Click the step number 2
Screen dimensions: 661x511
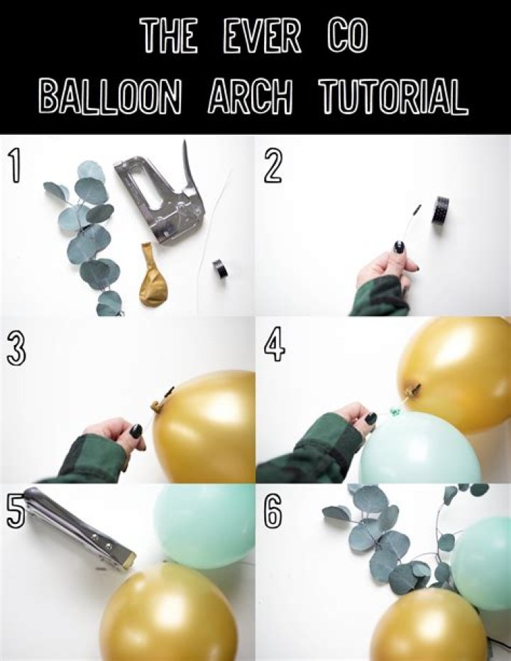[274, 166]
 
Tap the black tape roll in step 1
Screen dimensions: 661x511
[220, 268]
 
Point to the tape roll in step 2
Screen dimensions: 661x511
[440, 209]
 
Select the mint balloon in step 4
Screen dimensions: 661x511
[419, 447]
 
